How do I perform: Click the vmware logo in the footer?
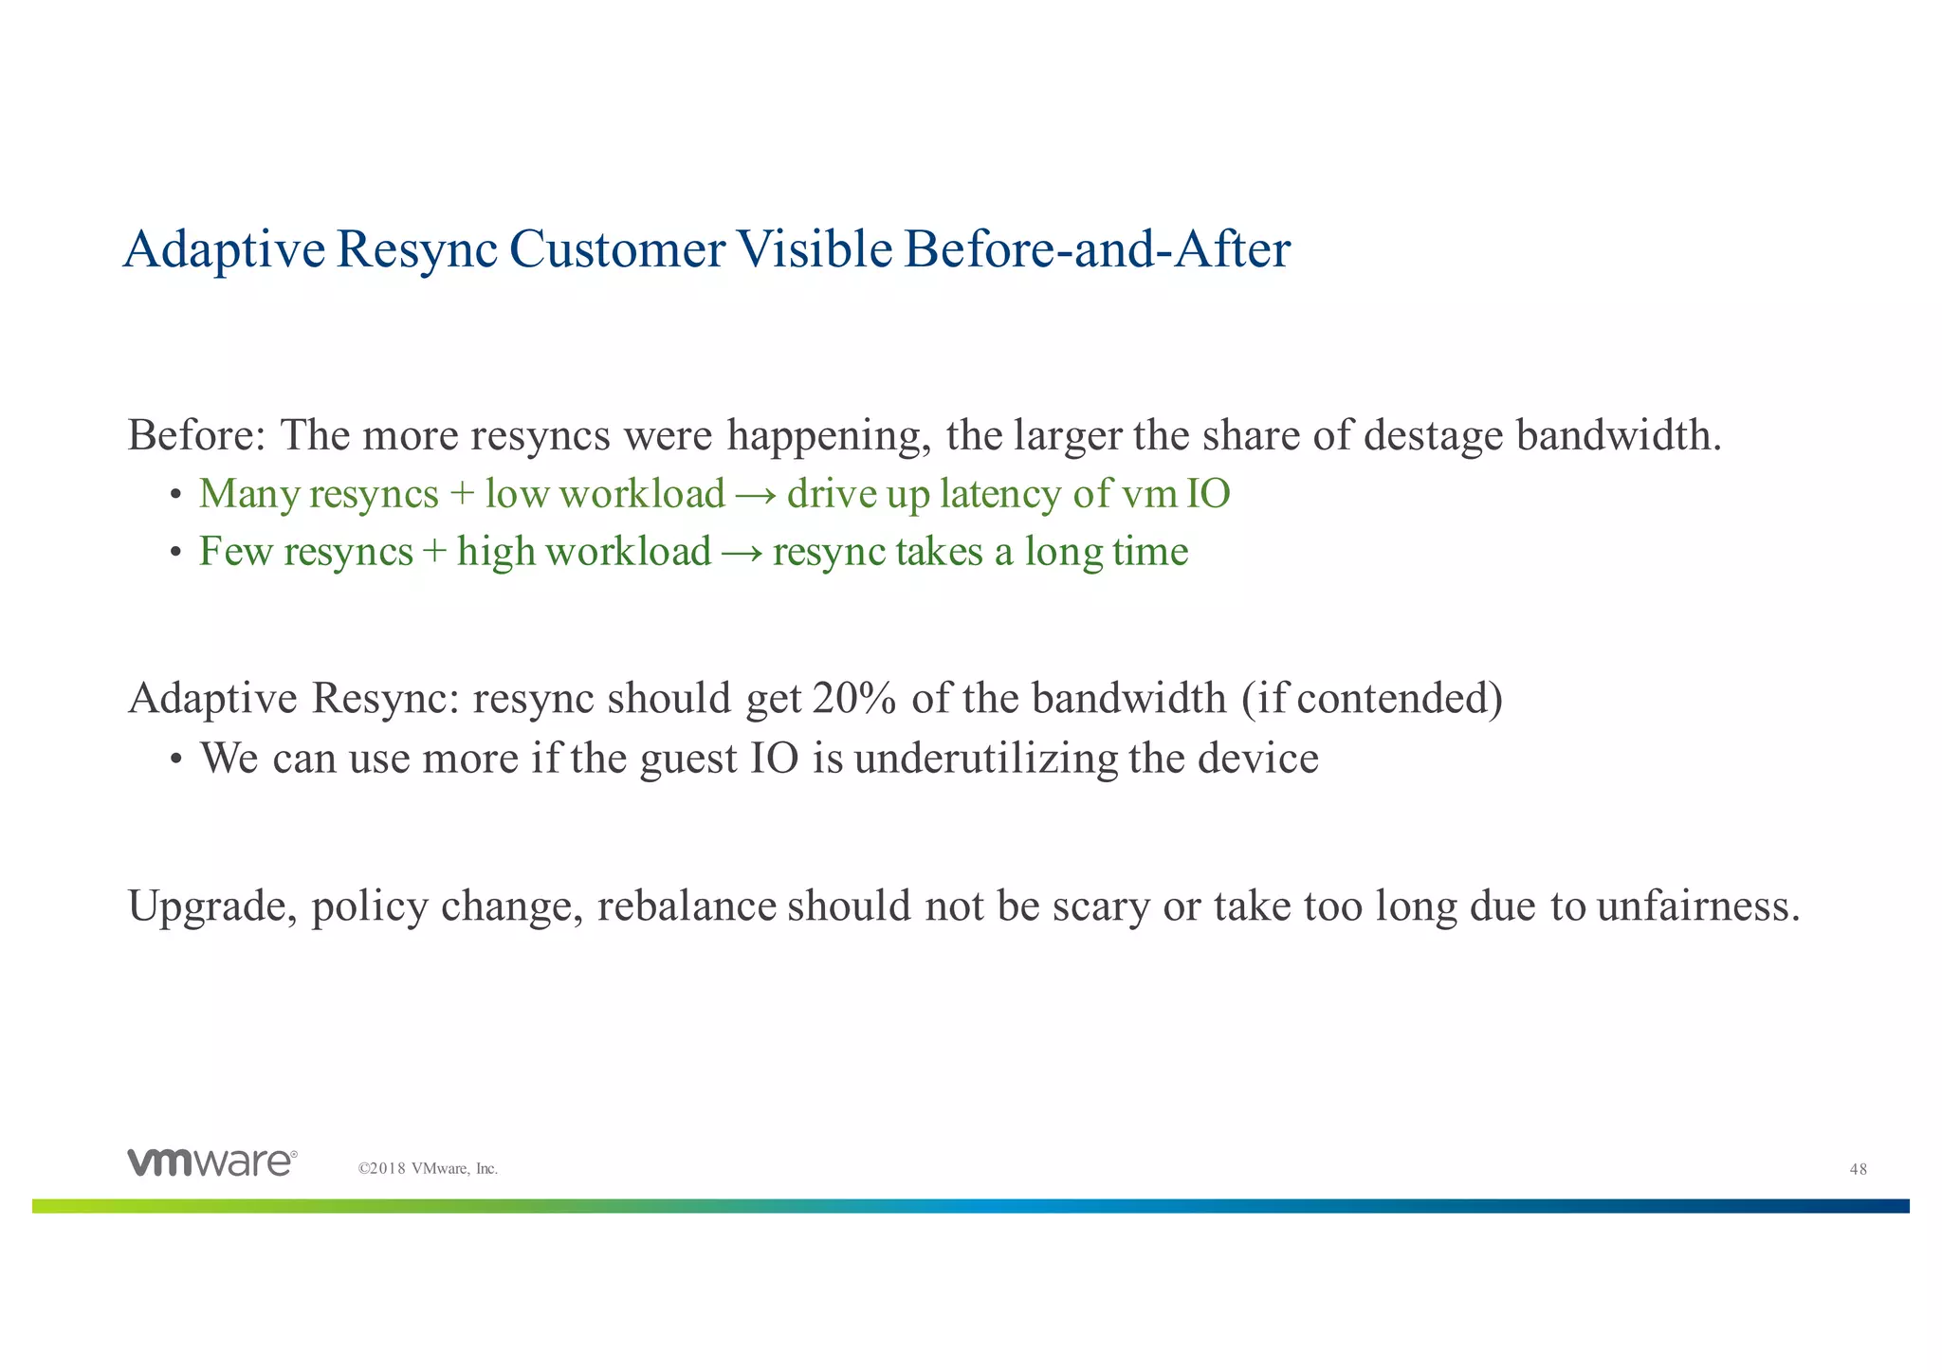(212, 1162)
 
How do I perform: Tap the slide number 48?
(1858, 1169)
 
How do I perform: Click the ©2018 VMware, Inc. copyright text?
(428, 1169)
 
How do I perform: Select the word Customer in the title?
(616, 249)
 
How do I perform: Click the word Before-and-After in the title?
(1097, 249)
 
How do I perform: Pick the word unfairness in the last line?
(1697, 906)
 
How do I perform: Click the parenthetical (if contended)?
(1371, 699)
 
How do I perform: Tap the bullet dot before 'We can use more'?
(175, 759)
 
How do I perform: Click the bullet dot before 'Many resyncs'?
(175, 496)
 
